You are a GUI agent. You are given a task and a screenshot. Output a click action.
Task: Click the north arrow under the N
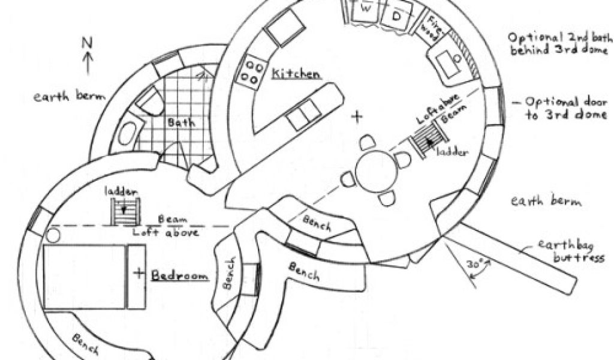[x=88, y=63]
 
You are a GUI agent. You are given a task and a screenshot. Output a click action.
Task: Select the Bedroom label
[x=179, y=275]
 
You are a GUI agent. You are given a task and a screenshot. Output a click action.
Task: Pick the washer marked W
[x=366, y=11]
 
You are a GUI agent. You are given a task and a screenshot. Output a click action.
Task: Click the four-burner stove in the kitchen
[x=251, y=71]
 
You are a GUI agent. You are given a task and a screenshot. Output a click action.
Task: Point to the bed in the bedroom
[x=85, y=276]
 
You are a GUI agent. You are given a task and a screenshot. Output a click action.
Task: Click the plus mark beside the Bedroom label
[x=139, y=274]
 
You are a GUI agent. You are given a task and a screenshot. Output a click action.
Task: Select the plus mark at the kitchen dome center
[x=358, y=116]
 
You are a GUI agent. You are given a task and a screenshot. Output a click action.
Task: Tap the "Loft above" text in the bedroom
[x=165, y=232]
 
